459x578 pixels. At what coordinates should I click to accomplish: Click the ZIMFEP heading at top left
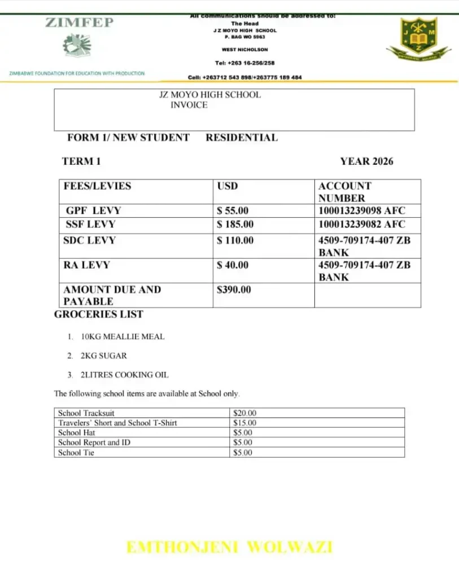coord(80,23)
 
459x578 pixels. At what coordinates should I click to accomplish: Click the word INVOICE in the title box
coord(189,105)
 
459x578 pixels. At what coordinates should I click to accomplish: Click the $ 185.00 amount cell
coord(235,224)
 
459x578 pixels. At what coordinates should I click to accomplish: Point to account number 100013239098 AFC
coord(362,211)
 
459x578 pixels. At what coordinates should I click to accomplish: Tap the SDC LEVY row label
coord(89,240)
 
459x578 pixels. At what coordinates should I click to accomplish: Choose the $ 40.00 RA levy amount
coord(233,265)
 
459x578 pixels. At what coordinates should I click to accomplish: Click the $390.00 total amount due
coord(234,290)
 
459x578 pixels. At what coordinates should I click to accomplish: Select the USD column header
coord(228,186)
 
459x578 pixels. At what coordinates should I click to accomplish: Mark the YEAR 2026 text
coord(366,161)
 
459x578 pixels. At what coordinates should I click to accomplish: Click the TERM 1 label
coord(81,161)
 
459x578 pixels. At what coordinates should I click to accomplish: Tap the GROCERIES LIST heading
coord(99,314)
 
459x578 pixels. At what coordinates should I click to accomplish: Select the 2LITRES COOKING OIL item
coord(124,375)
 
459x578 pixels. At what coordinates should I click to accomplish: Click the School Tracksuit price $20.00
coord(244,413)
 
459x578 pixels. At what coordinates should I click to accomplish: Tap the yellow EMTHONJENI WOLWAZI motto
coord(229,547)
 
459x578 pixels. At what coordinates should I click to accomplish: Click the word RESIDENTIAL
coord(242,138)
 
